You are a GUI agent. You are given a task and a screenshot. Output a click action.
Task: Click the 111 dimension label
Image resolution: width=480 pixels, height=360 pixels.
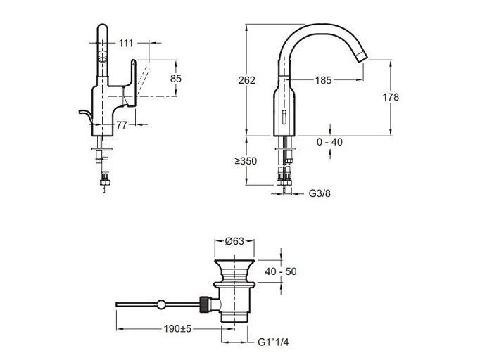coord(126,44)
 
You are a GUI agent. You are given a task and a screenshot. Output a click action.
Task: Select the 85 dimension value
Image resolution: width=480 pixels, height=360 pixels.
coord(176,79)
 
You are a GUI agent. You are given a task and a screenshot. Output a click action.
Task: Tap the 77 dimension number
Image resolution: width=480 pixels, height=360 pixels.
coord(122,124)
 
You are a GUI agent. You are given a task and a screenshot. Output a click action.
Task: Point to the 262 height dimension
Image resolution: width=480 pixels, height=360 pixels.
coord(247,80)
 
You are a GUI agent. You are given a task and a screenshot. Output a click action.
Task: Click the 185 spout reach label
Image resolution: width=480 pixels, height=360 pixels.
coord(323,80)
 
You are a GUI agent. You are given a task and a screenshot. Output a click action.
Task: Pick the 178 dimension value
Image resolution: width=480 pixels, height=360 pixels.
coord(391,97)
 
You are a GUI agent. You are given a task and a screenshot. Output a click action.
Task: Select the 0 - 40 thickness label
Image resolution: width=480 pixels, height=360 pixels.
coord(329,142)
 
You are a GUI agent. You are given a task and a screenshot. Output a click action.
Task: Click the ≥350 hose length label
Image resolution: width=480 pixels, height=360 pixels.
coord(246,161)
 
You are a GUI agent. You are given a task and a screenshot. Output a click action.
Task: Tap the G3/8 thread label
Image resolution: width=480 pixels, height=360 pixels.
coord(320,193)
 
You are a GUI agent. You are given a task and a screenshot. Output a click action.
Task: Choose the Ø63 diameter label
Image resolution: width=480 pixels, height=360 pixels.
coord(234,241)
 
